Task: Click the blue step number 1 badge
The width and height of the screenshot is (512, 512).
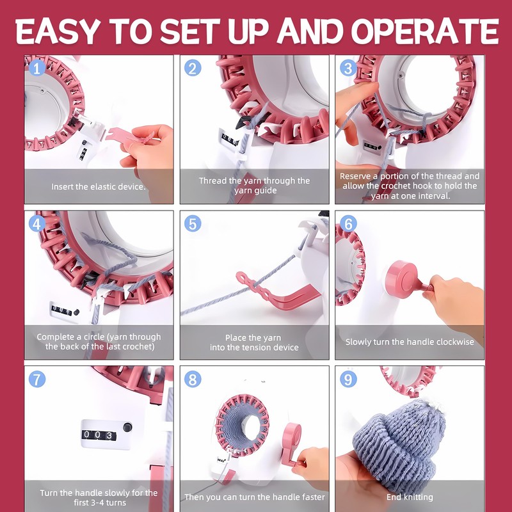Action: coord(37,68)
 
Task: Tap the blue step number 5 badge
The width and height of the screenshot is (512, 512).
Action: coord(193,224)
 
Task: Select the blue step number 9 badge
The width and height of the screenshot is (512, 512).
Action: coord(348,380)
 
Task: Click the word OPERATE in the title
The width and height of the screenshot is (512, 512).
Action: coord(425,31)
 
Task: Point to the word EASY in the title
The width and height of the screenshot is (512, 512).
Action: coord(58,31)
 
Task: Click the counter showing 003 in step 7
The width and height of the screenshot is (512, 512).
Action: coord(99,435)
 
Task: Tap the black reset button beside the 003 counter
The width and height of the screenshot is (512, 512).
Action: coord(127,427)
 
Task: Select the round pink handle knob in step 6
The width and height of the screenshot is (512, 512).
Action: coord(403,279)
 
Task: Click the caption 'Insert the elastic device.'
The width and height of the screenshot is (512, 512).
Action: coord(99,187)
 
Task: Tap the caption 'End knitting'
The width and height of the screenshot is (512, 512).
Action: coord(410,497)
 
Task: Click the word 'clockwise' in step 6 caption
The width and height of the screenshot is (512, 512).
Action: coord(454,342)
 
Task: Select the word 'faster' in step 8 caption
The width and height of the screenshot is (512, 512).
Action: coord(312,497)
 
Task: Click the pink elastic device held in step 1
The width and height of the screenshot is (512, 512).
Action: coord(124,134)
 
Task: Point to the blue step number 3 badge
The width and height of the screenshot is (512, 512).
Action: coord(348,68)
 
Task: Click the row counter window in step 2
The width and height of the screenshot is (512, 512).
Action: coord(230,140)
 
